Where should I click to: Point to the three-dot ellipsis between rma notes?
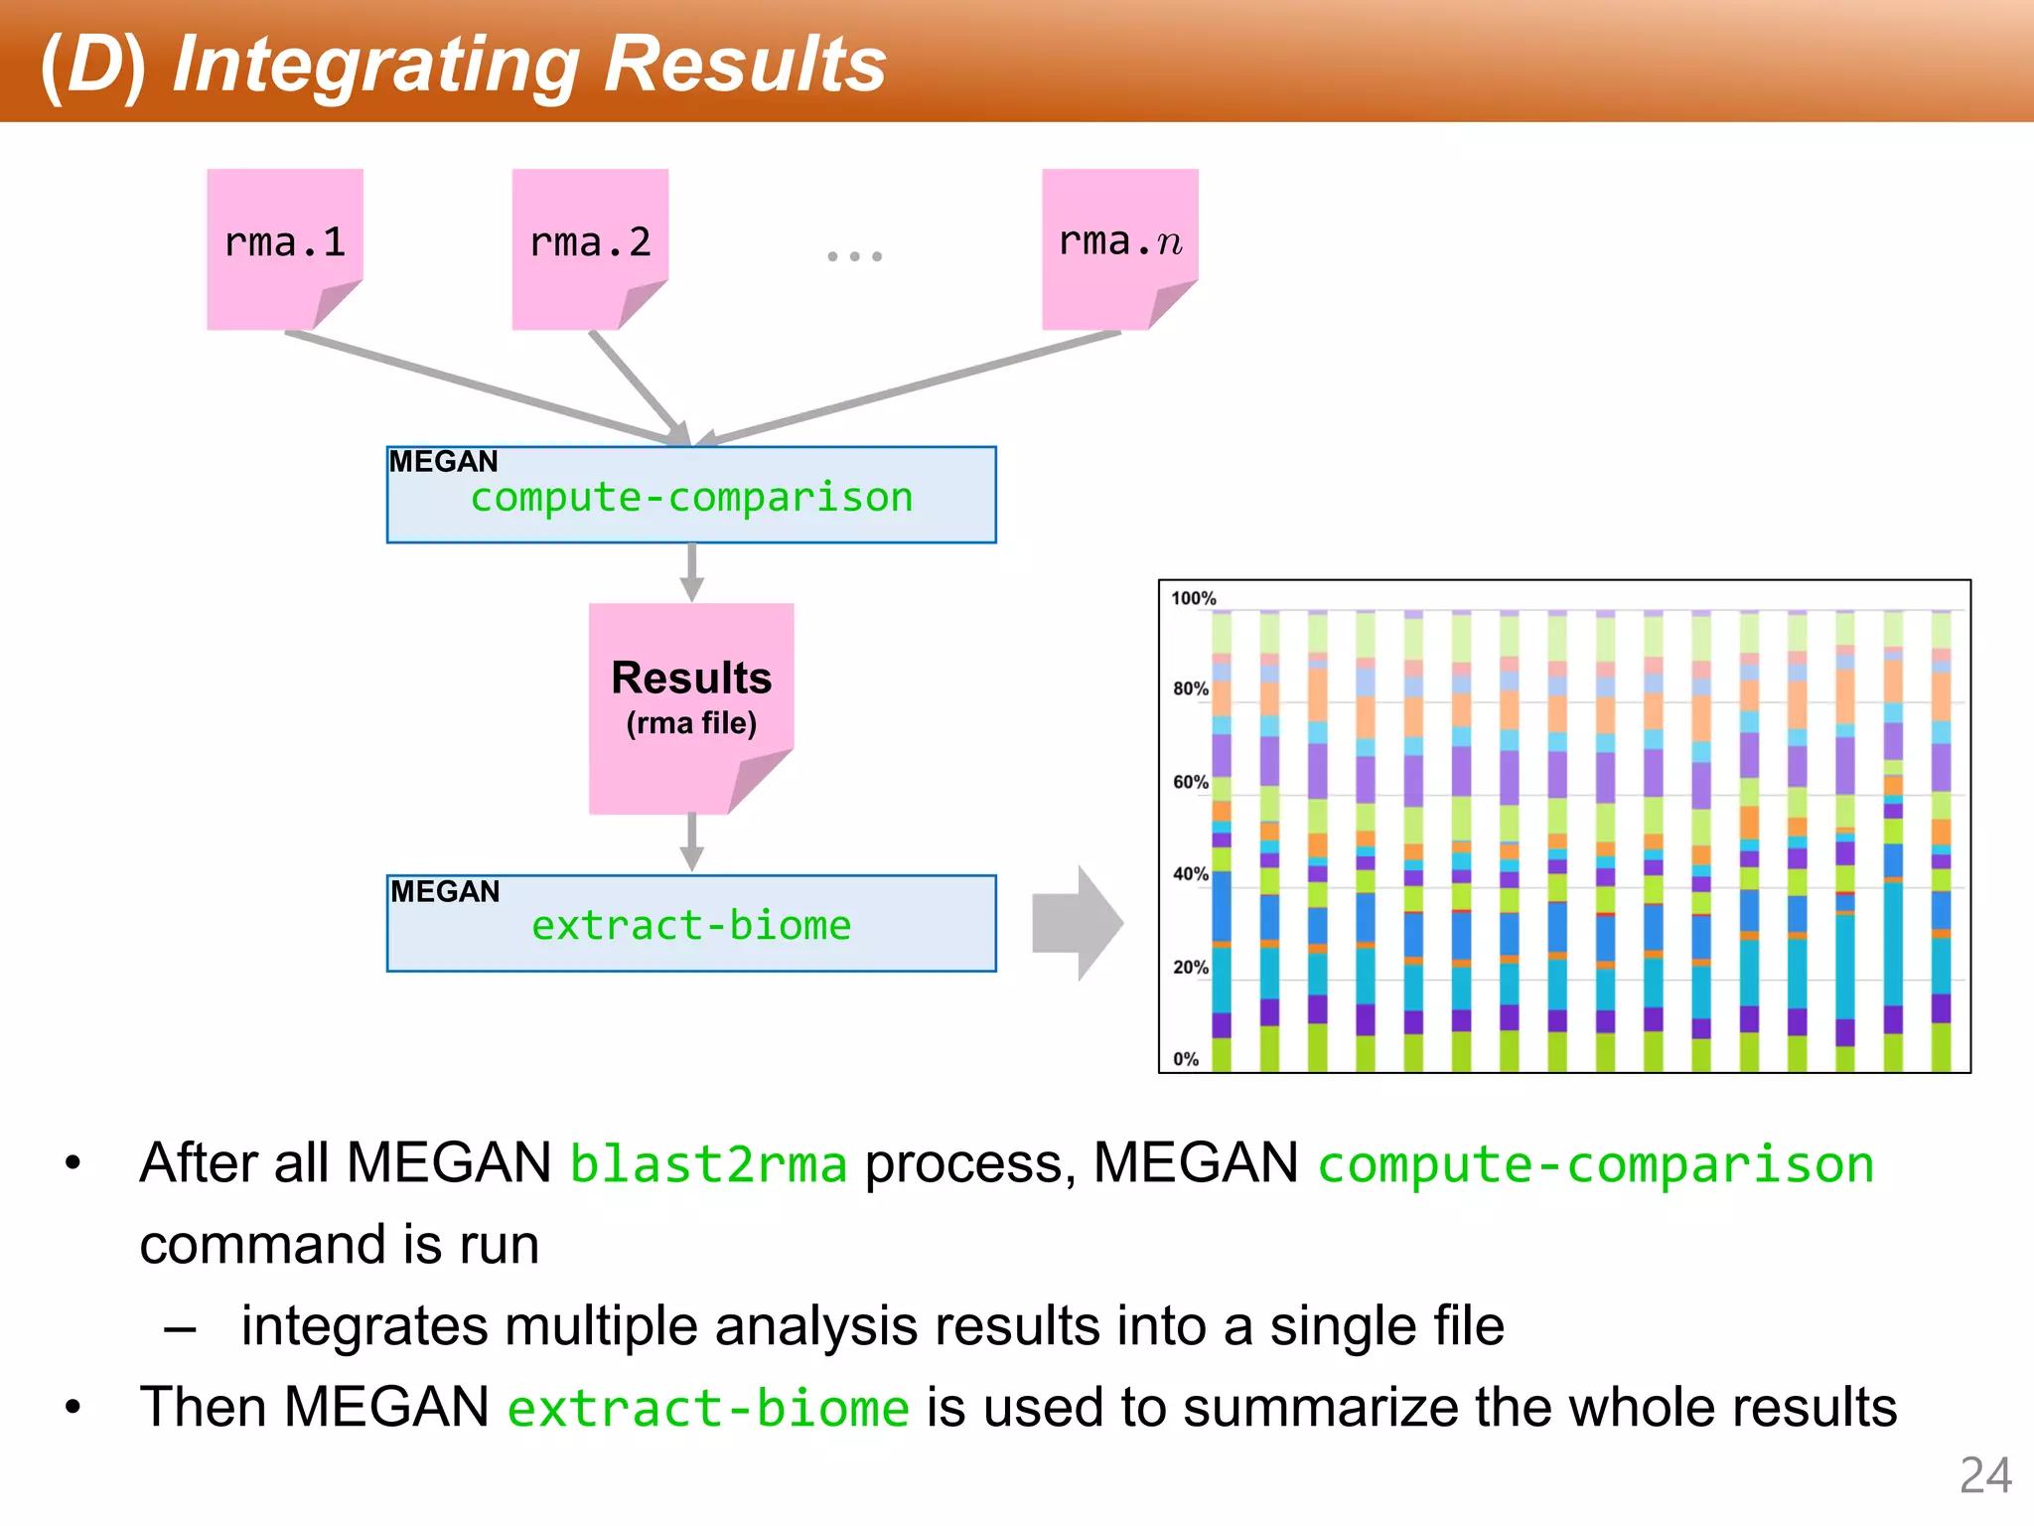[x=854, y=256]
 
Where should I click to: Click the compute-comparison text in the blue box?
[x=691, y=498]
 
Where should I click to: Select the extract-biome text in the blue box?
[x=691, y=926]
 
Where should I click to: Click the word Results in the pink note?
[x=691, y=679]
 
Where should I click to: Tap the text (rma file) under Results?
[x=691, y=723]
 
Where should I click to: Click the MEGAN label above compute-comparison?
[x=443, y=462]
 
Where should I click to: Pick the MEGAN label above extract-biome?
[x=445, y=891]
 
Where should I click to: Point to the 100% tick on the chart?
[x=1193, y=598]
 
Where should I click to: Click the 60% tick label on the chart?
[x=1190, y=782]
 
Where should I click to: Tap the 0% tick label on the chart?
[x=1186, y=1059]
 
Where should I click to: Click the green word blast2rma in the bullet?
[x=708, y=1164]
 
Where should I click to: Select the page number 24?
[x=1984, y=1475]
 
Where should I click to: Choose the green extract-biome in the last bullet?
[x=708, y=1409]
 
